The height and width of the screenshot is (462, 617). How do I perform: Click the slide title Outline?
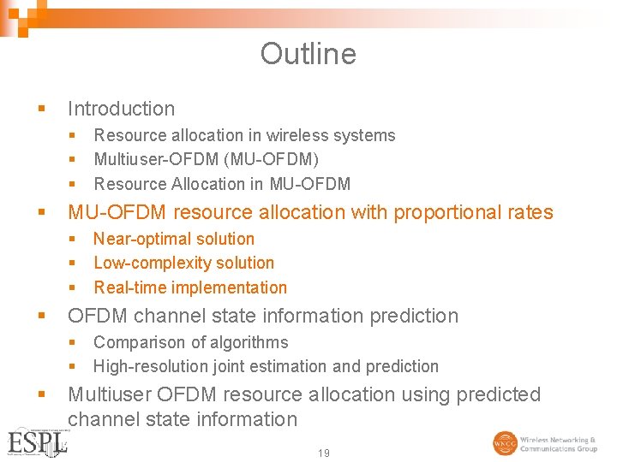pyautogui.click(x=308, y=54)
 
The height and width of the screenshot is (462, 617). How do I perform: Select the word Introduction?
pyautogui.click(x=121, y=109)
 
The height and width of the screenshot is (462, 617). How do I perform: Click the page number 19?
pyautogui.click(x=323, y=453)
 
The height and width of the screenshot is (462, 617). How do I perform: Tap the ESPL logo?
pyautogui.click(x=36, y=441)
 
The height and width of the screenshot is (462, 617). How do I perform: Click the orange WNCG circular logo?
pyautogui.click(x=505, y=443)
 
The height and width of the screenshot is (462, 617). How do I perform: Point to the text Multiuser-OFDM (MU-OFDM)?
pyautogui.click(x=206, y=159)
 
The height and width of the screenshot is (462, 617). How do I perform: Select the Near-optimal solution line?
pyautogui.click(x=174, y=239)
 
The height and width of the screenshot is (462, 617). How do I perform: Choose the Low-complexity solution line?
pyautogui.click(x=183, y=263)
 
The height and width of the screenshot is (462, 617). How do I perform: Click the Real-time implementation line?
pyautogui.click(x=190, y=287)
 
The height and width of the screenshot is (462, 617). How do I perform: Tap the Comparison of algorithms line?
pyautogui.click(x=190, y=342)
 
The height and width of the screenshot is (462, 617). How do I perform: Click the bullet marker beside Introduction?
pyautogui.click(x=42, y=109)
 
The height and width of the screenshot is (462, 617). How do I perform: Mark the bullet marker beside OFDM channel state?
pyautogui.click(x=42, y=316)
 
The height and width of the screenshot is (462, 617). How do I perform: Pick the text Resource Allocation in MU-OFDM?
pyautogui.click(x=222, y=184)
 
